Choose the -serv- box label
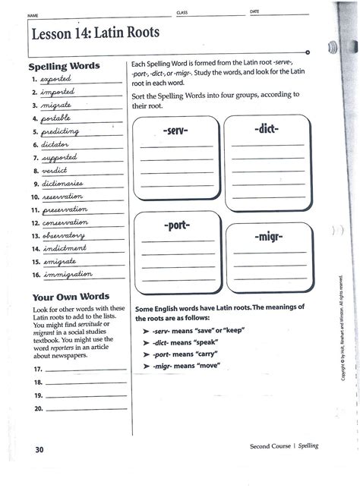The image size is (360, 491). click(x=175, y=131)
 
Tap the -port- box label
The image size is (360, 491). click(x=175, y=226)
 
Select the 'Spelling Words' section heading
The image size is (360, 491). click(x=63, y=66)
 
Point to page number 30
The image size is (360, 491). click(x=39, y=449)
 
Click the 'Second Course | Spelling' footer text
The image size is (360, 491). click(x=284, y=445)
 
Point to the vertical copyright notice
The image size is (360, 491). click(x=343, y=326)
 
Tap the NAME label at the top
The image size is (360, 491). click(x=33, y=15)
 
